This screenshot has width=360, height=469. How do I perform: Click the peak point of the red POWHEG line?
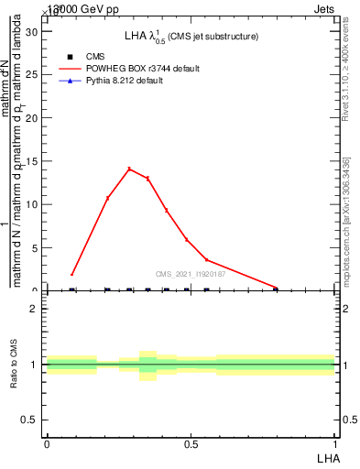(129, 169)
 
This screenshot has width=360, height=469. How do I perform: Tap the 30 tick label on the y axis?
(31, 31)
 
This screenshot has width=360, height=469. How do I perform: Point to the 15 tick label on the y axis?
(31, 161)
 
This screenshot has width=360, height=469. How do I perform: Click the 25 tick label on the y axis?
(31, 74)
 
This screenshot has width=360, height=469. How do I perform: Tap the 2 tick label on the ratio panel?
(34, 309)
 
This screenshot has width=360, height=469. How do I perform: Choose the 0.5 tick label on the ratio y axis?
(29, 420)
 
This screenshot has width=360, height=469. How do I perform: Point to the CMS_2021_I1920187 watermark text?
(191, 274)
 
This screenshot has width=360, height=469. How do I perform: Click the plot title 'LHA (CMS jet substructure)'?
(191, 37)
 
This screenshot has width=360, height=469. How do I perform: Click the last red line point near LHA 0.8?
(276, 288)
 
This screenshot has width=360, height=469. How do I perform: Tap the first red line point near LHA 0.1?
(72, 274)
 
